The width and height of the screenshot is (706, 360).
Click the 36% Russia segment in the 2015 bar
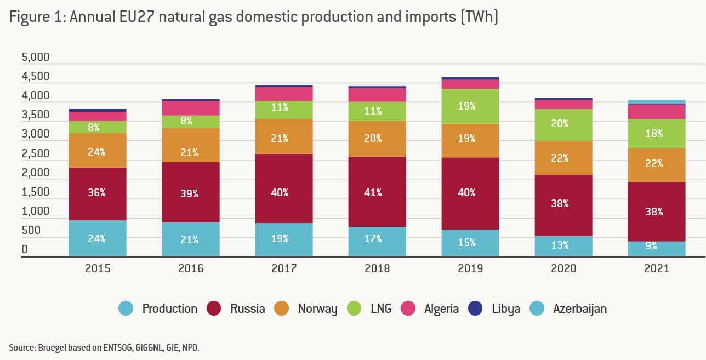point(98,193)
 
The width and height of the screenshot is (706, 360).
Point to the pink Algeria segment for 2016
point(191,108)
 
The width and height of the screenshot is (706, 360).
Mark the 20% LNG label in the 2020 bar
point(560,124)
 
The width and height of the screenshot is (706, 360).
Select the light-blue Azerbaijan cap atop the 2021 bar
point(657,101)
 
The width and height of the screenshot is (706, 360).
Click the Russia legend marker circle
point(214,308)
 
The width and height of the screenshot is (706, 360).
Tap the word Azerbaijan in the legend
point(579,308)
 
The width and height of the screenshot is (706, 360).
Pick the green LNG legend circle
point(354,308)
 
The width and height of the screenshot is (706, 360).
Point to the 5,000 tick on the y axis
point(35,58)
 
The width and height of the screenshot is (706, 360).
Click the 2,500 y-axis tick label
point(35,153)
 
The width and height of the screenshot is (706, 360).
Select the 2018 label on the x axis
point(377,268)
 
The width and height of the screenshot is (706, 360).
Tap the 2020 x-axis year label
point(563,268)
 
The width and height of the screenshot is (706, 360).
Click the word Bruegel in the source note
point(48,347)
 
